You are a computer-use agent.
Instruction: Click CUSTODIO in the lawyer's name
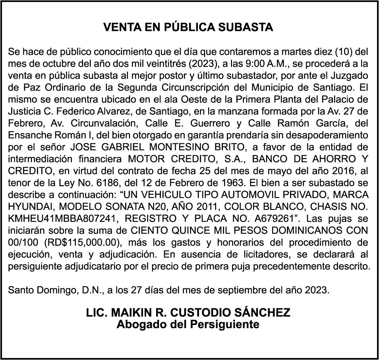tap(192, 313)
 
